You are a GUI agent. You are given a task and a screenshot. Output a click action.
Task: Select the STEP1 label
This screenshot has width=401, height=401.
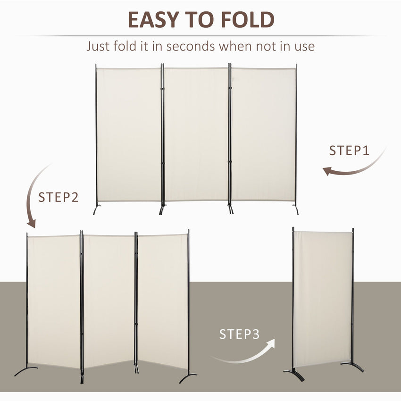point(349,151)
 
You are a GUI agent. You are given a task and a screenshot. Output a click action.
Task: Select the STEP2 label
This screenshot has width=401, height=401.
point(58,197)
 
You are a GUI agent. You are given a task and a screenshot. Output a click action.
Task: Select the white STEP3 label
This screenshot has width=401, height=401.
point(239,334)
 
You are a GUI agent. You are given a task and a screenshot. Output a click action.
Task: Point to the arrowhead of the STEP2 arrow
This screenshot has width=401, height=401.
point(31,223)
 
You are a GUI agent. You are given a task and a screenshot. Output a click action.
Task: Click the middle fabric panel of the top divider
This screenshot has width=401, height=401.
point(196,134)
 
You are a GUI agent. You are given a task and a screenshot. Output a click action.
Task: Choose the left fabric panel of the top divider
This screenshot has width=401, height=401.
point(129,134)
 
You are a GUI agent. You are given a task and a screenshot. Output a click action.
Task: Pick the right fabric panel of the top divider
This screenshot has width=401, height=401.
point(263,134)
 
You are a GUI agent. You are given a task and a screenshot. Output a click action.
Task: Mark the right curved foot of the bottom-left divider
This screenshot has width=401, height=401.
point(188,377)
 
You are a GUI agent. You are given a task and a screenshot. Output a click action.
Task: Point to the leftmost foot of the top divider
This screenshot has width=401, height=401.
point(97,209)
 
